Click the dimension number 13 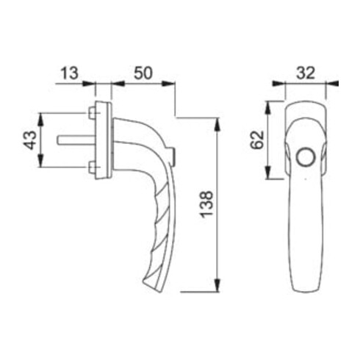click(69, 73)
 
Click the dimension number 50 click(143, 73)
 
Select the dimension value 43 click(30, 140)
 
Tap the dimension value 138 click(206, 204)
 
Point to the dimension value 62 click(257, 140)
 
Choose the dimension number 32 click(306, 73)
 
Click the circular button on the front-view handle click(306, 157)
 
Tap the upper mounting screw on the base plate click(92, 113)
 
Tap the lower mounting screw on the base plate click(92, 168)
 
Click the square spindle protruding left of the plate click(76, 140)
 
